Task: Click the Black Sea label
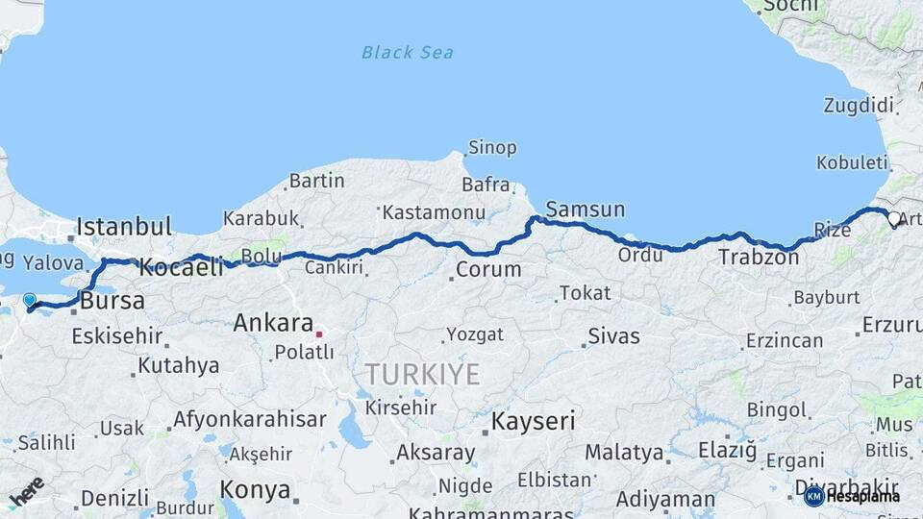coord(408,52)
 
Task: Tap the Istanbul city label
coord(124,228)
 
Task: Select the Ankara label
coord(273,323)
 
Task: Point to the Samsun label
coord(585,210)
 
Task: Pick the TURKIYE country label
coord(422,374)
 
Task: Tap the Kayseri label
coord(534,421)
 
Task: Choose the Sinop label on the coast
coord(491,148)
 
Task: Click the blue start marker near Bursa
coord(30,301)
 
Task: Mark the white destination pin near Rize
coord(894,219)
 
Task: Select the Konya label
coord(255,490)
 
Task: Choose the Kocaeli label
coord(181,267)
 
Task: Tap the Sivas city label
coord(613,336)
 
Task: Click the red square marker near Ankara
coord(319,334)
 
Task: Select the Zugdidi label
coord(859,106)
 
